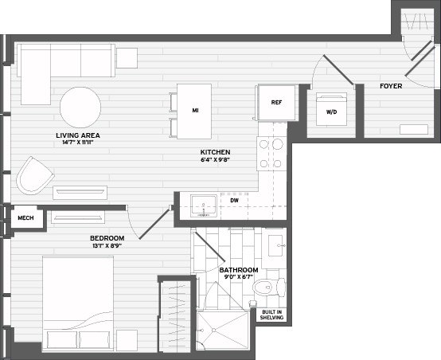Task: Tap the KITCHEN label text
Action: tap(215, 151)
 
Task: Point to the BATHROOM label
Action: tap(238, 270)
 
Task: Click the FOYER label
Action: tap(390, 85)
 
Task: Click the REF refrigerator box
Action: tap(276, 102)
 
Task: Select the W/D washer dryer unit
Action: tap(331, 112)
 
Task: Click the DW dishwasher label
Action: tap(235, 200)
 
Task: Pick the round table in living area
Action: tap(80, 107)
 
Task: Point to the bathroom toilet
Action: tap(263, 287)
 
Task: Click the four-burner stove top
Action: tap(271, 153)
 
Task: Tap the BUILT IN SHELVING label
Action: tap(271, 315)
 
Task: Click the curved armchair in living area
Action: tap(34, 175)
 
